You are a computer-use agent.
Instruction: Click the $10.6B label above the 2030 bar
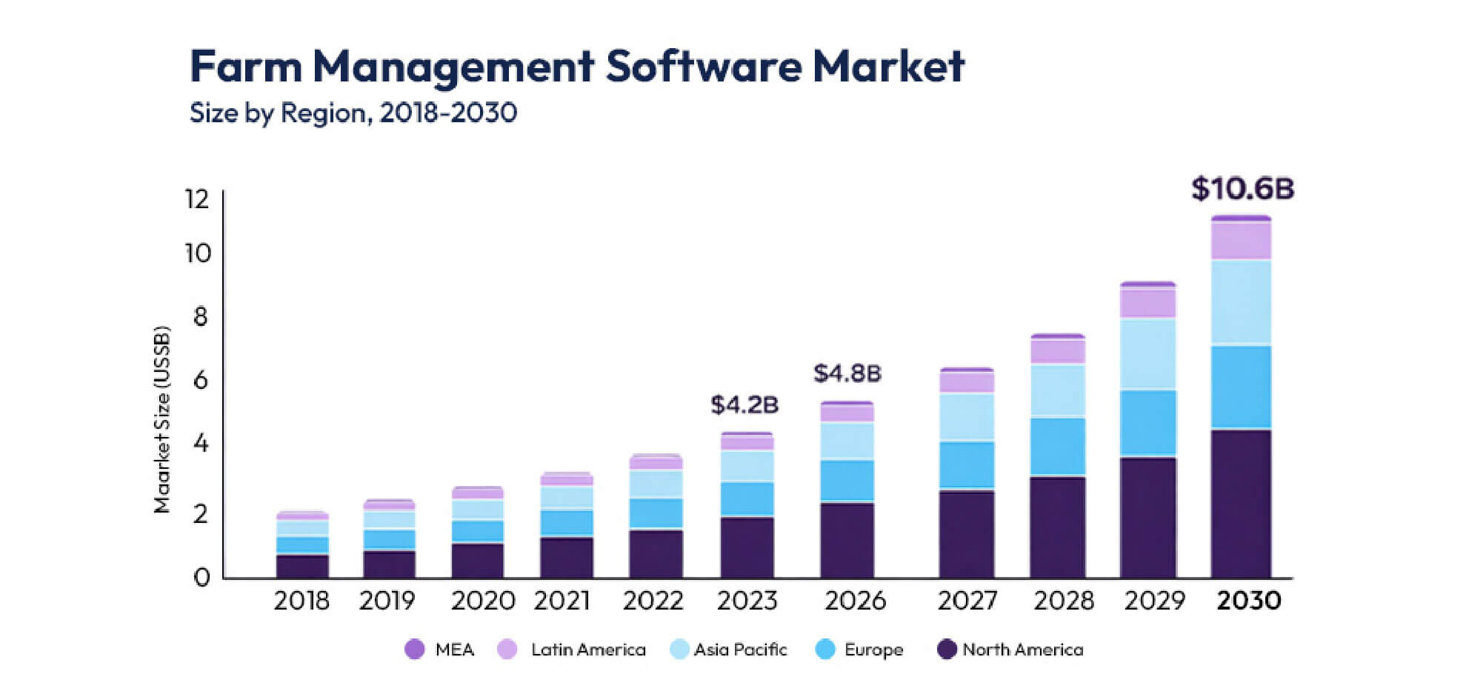[1242, 189]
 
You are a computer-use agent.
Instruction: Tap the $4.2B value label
[744, 405]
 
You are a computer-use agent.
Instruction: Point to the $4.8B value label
[847, 373]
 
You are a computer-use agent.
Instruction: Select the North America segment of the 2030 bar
[1241, 504]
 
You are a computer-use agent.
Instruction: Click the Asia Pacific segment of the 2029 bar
[1147, 354]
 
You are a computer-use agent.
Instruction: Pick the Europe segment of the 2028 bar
[1057, 446]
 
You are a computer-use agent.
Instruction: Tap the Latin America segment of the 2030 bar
[1241, 241]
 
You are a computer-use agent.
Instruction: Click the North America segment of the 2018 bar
[302, 566]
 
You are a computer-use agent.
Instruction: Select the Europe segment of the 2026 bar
[847, 480]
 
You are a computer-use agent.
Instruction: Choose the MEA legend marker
[415, 650]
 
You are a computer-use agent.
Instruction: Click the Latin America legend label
[588, 650]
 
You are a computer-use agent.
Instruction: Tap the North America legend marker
[947, 650]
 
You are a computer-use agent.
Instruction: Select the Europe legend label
[873, 650]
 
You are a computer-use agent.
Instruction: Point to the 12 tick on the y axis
[198, 198]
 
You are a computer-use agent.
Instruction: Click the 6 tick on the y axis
[200, 380]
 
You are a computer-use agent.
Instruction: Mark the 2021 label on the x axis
[562, 600]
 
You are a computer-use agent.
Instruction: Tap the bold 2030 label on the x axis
[1249, 600]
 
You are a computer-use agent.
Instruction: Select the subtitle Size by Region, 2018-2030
[353, 113]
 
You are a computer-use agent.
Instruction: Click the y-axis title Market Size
[162, 419]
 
